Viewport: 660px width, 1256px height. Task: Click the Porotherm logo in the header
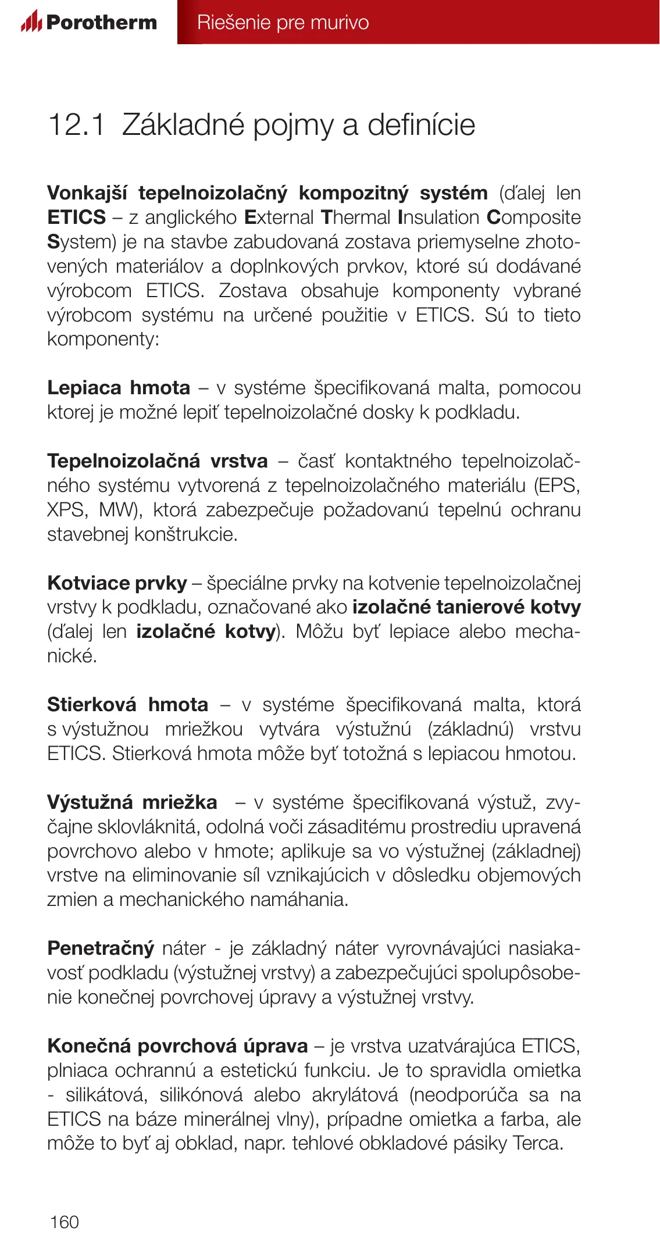[89, 22]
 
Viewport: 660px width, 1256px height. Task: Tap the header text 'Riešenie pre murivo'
[283, 22]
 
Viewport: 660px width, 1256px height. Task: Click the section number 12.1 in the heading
[76, 125]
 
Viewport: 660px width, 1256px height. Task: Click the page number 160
[64, 1222]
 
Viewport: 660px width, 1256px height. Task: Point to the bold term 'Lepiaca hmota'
[119, 388]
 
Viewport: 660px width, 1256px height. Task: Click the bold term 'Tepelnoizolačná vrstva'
[157, 461]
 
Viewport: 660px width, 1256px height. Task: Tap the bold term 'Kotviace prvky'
[117, 583]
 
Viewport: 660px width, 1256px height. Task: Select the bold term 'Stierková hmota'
[127, 705]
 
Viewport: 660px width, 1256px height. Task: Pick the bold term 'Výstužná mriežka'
[132, 802]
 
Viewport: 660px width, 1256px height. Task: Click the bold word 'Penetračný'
[101, 948]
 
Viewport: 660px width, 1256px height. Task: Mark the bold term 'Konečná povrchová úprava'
[177, 1046]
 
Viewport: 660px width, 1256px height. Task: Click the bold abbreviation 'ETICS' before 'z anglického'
[76, 217]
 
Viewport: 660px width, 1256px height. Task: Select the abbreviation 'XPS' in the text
[66, 510]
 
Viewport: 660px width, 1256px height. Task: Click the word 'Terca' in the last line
[537, 1143]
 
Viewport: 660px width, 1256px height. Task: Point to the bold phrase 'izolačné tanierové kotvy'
[466, 607]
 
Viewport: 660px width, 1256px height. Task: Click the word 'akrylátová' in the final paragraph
[355, 1095]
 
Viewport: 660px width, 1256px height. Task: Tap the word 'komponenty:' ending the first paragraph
[103, 339]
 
